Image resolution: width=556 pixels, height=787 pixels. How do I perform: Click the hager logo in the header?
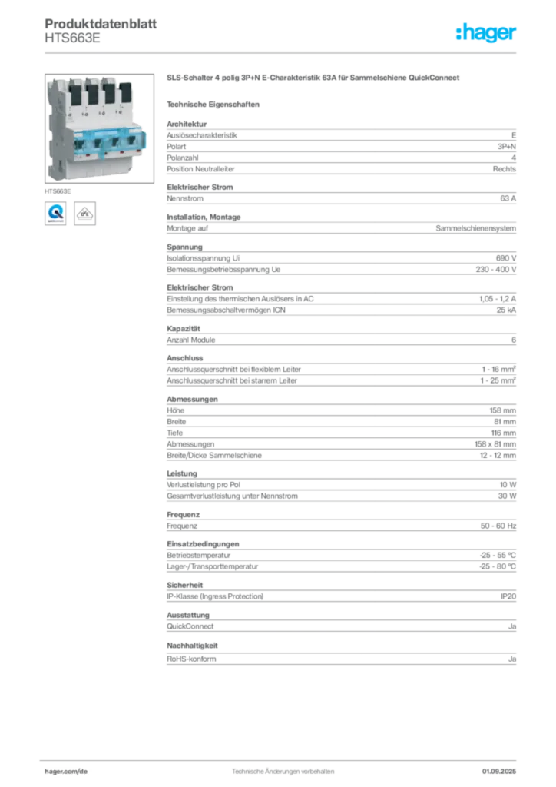coord(485,32)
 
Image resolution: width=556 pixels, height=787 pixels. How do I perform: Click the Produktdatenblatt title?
coord(101,24)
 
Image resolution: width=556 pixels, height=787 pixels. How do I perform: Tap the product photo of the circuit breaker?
coord(99,128)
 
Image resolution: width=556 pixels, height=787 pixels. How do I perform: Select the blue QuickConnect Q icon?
coord(55,214)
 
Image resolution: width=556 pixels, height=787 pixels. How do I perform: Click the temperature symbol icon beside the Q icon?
coord(84,214)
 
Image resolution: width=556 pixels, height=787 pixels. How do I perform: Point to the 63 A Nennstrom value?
coord(508,198)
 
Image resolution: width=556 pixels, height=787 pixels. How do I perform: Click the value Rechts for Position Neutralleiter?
coord(505,169)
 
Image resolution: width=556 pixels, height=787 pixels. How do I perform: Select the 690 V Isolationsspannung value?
coord(506,258)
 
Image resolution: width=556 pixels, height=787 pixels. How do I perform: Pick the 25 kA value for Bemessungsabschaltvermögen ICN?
coord(506,310)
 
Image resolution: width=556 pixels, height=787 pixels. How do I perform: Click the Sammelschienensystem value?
coord(476,228)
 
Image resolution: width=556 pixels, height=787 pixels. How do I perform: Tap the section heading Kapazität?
coord(184,329)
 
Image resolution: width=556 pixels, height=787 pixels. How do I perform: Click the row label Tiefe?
coord(175,433)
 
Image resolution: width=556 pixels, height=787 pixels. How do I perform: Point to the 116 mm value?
coord(503,433)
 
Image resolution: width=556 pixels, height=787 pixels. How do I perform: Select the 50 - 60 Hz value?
coord(498,526)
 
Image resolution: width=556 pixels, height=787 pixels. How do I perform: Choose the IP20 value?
coord(508,596)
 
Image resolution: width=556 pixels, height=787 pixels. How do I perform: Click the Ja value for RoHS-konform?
coord(512,659)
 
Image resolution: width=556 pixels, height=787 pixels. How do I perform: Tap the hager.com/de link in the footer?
coord(66,772)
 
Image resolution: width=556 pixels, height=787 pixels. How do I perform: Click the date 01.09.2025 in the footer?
coord(499,772)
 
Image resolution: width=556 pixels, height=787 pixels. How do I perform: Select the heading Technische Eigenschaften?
coord(213,105)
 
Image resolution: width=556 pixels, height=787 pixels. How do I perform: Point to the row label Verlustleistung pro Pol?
coord(204,485)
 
